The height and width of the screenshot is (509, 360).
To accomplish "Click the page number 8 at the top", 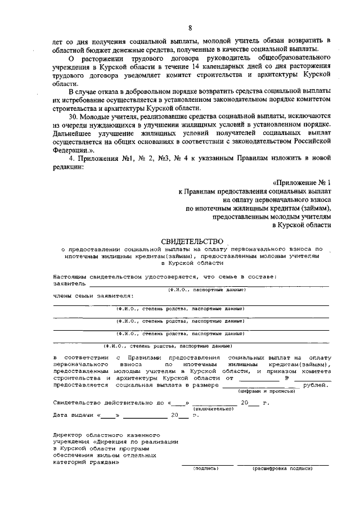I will pyautogui.click(x=190, y=28).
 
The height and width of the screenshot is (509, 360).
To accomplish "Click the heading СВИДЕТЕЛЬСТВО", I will pyautogui.click(x=192, y=241).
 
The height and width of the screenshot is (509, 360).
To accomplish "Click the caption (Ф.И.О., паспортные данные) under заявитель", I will pyautogui.click(x=207, y=290).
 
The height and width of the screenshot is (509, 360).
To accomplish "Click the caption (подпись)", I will pyautogui.click(x=205, y=468).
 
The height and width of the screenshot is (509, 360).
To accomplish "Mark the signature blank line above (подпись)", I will pyautogui.click(x=206, y=464).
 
